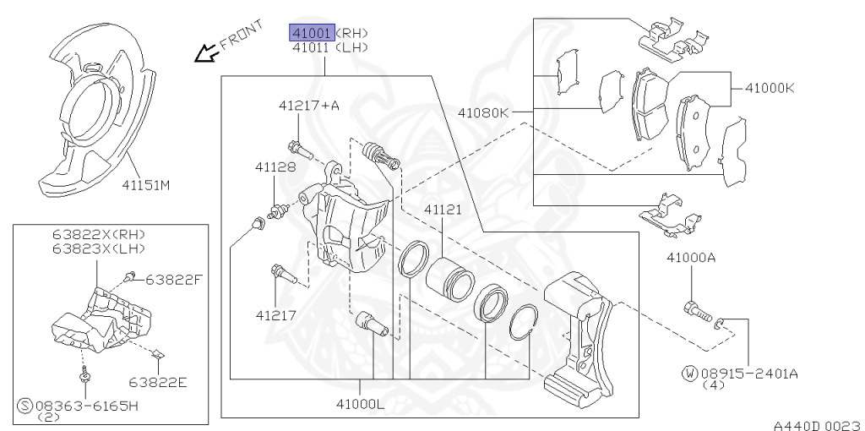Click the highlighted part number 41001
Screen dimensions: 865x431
pyautogui.click(x=313, y=33)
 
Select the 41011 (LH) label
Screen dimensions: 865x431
pyautogui.click(x=330, y=47)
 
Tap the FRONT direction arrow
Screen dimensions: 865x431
pyautogui.click(x=206, y=53)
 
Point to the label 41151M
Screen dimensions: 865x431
pyautogui.click(x=145, y=185)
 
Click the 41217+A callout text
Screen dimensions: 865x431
pyautogui.click(x=309, y=106)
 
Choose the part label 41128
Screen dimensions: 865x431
pyautogui.click(x=275, y=166)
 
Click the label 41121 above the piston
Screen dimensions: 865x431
pyautogui.click(x=443, y=210)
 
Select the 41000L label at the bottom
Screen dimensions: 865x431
pyautogui.click(x=361, y=404)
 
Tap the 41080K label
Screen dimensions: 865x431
pyautogui.click(x=482, y=112)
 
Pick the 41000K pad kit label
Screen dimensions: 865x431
pyautogui.click(x=770, y=88)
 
